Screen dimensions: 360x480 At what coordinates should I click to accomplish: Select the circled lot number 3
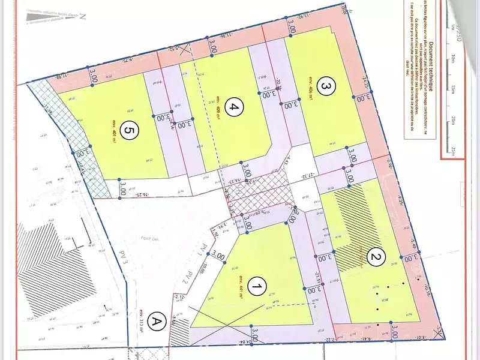[325, 87]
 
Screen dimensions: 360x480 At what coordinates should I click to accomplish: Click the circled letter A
[158, 321]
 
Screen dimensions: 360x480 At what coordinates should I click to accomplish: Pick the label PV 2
[187, 277]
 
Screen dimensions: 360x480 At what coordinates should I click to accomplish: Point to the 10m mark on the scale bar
[454, 58]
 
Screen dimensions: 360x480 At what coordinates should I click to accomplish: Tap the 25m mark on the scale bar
[454, 149]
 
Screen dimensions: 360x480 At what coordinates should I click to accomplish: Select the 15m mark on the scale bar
[454, 89]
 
